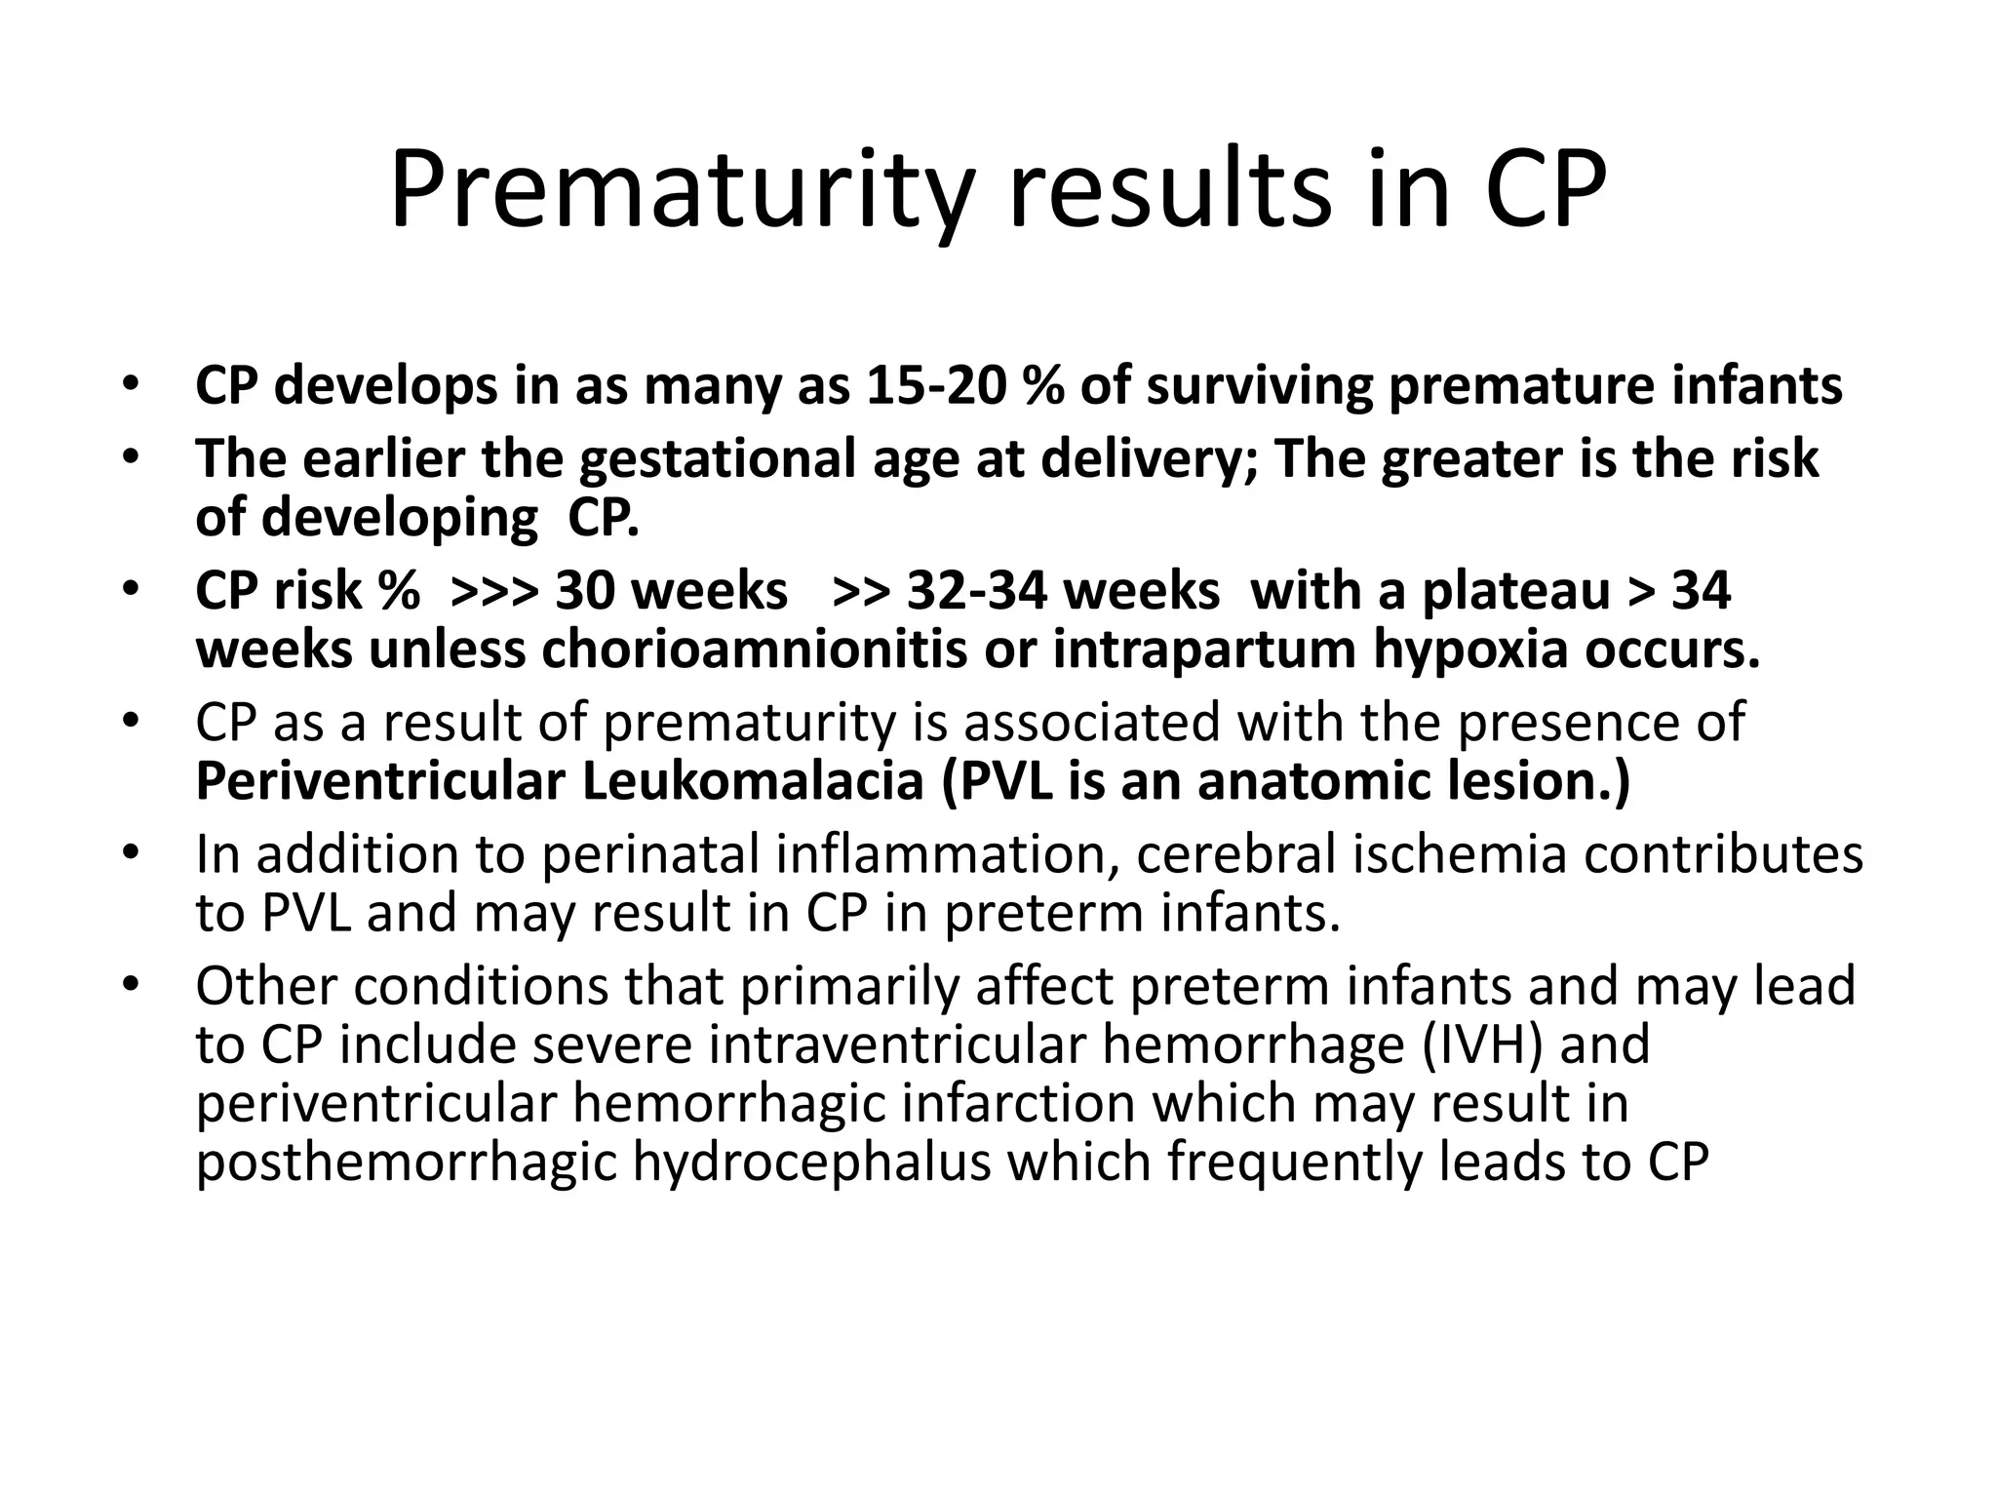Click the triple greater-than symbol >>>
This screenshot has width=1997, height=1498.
coord(494,591)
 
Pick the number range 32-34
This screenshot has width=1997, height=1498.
coord(965,591)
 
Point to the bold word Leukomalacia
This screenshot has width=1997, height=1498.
coord(753,782)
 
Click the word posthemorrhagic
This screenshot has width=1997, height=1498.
coord(407,1163)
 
